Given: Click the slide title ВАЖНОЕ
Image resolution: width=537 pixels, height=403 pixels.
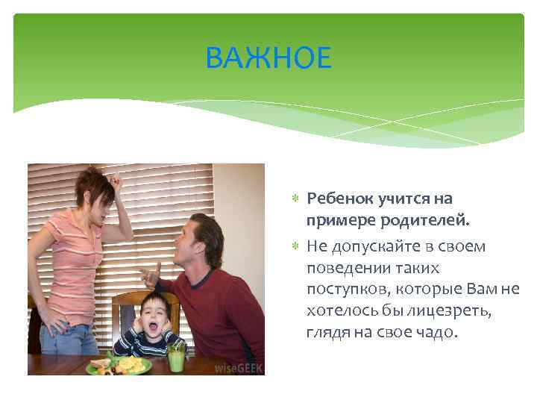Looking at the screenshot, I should point(268,57).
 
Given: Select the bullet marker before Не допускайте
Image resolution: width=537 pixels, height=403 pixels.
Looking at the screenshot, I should point(295,245).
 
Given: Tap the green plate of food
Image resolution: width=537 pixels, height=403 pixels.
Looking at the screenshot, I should point(119,366).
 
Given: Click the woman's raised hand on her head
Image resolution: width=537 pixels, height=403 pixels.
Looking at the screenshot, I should point(116,179).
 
